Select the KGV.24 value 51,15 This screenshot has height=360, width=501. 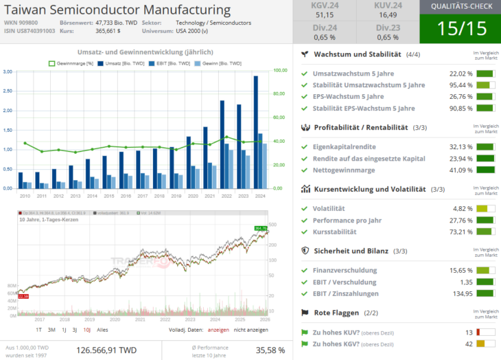point(325,14)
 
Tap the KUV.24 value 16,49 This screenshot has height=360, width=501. point(387,14)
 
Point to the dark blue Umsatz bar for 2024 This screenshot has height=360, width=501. point(256,131)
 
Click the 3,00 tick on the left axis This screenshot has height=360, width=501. point(8,71)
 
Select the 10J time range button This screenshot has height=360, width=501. point(86,330)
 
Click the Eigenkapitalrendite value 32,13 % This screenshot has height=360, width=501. point(461,147)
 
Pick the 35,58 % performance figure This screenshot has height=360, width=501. point(269,350)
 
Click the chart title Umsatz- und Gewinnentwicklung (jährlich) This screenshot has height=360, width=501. point(144,52)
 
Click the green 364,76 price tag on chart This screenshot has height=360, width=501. point(260,228)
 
